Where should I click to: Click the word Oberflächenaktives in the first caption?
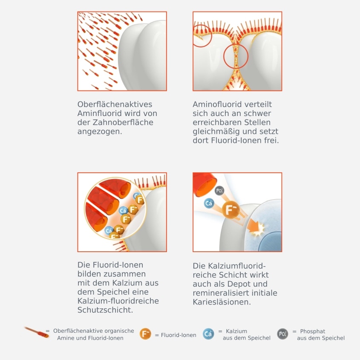point(115,105)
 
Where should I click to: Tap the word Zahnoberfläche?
point(123,122)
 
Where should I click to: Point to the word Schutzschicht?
point(105,310)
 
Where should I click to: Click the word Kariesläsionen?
point(222,302)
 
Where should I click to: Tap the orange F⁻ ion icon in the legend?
point(145,334)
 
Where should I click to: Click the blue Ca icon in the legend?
point(208,334)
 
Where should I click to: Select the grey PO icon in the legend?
point(282,334)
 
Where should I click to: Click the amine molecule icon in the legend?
point(37,332)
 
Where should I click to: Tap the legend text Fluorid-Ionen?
point(179,335)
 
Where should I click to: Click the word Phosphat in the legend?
point(312,331)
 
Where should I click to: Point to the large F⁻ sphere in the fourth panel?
point(231,209)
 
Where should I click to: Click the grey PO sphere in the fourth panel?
point(219,191)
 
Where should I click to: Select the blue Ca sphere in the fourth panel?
point(209,203)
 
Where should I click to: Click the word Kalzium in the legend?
point(236,331)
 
